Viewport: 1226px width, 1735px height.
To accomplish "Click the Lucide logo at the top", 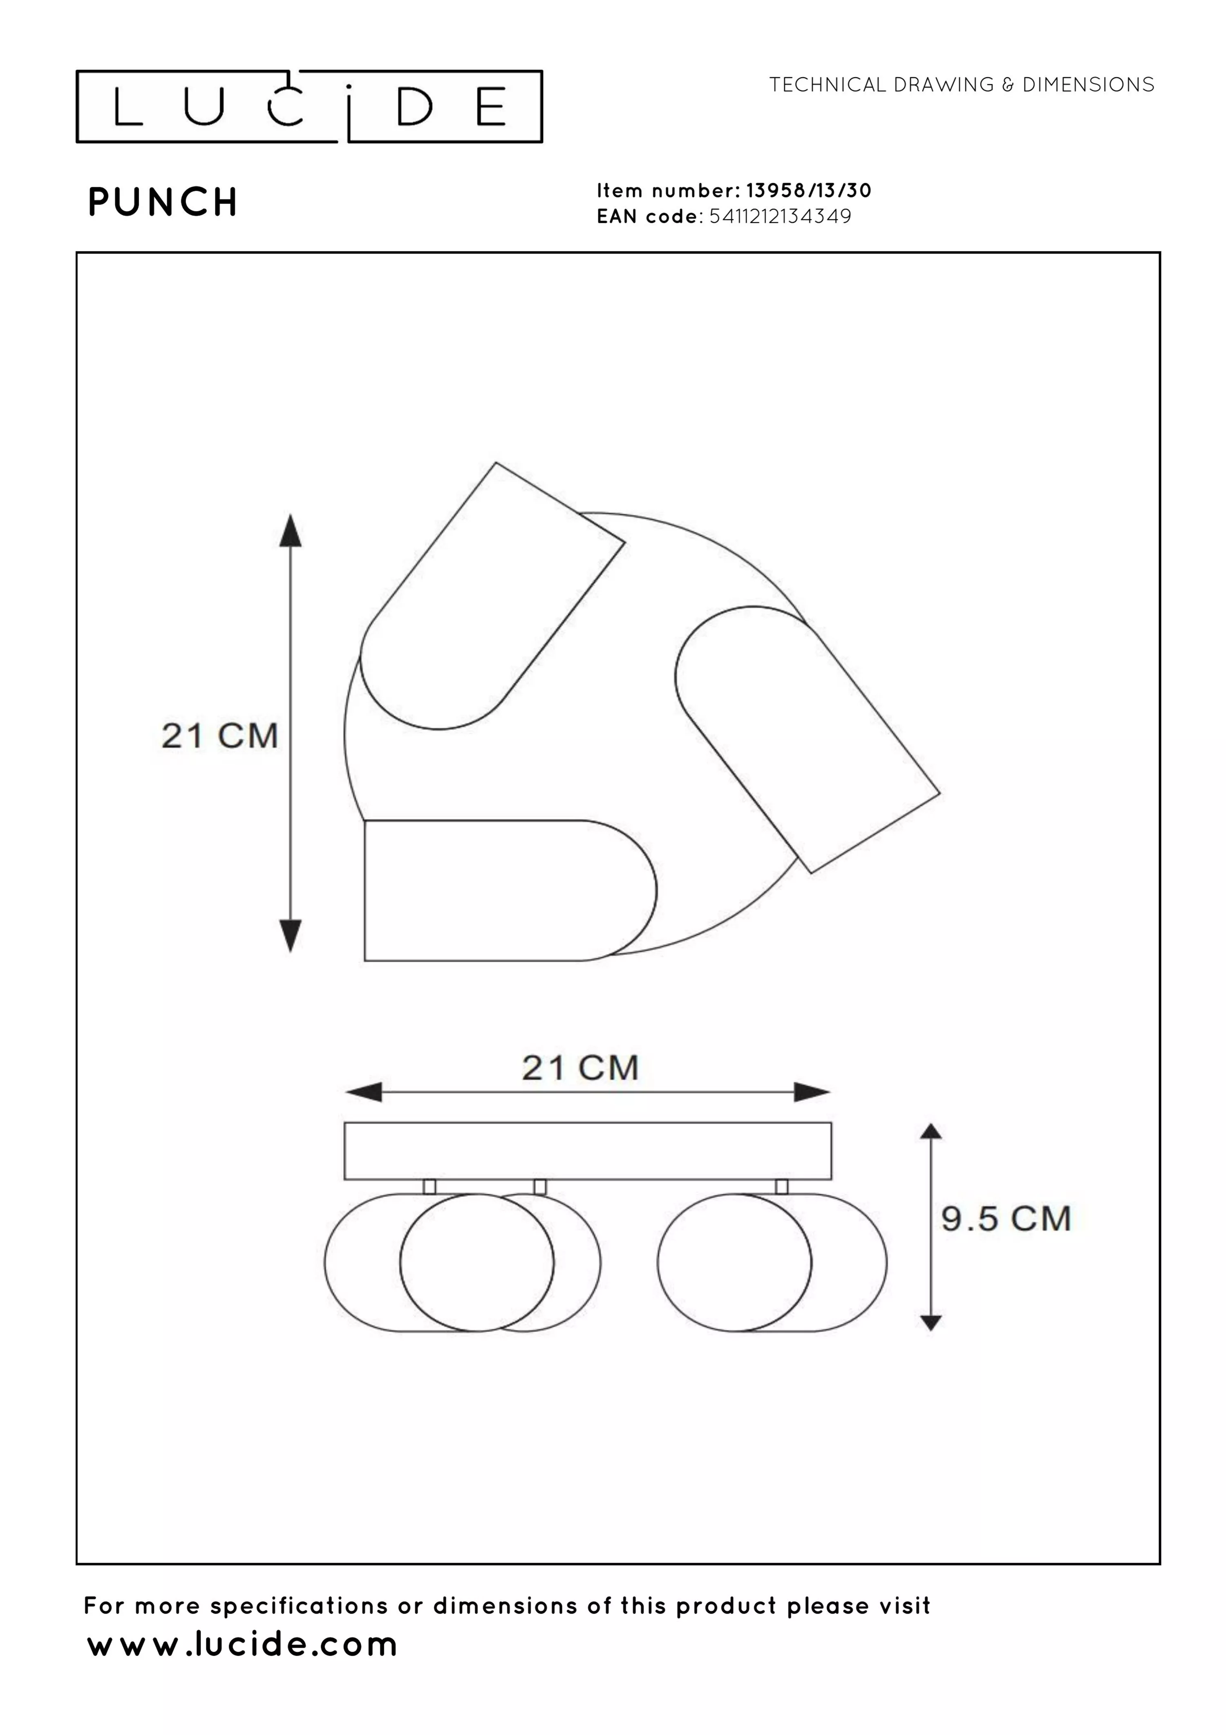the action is (309, 107).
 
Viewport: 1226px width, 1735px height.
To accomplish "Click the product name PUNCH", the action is (163, 202).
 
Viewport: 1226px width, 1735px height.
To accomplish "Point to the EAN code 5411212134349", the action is (780, 216).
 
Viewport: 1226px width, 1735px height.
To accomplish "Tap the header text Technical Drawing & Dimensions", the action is (962, 85).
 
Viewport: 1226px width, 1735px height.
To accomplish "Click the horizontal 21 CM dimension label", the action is (580, 1068).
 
